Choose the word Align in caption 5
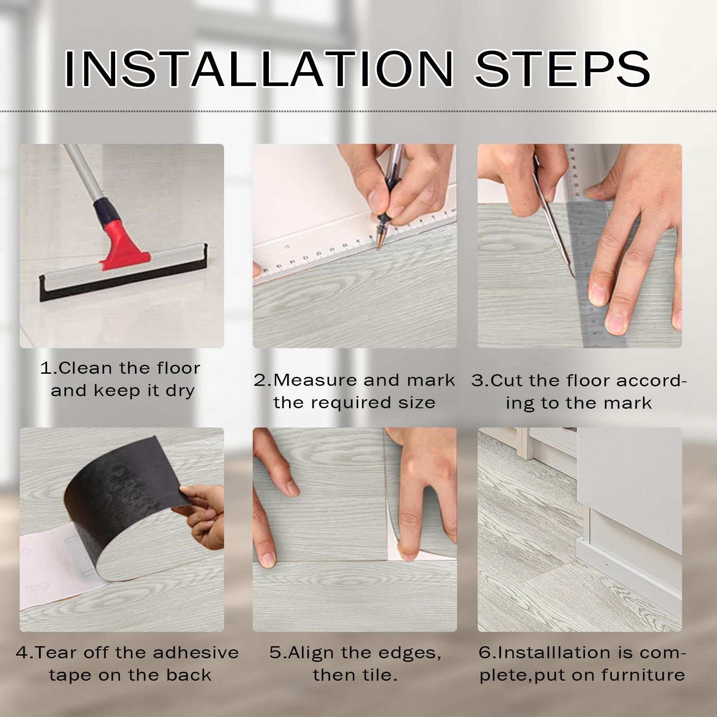click(311, 652)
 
